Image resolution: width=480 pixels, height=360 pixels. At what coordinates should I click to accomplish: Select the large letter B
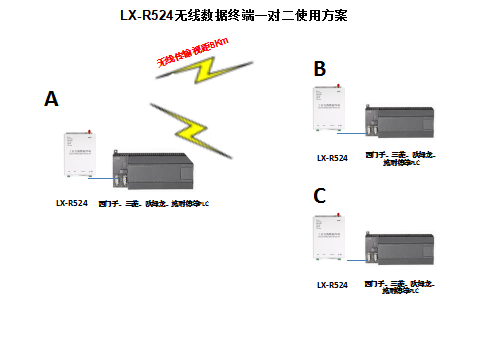[x=320, y=69]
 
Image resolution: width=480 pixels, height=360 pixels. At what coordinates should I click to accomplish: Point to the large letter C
[x=320, y=196]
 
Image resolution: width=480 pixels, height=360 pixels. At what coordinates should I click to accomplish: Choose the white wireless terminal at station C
[x=332, y=243]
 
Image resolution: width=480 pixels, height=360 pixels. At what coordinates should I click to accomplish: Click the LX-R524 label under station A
[x=72, y=203]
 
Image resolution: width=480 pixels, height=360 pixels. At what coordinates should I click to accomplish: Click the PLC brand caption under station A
[x=160, y=203]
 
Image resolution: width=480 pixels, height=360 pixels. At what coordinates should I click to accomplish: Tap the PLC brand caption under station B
[x=405, y=158]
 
